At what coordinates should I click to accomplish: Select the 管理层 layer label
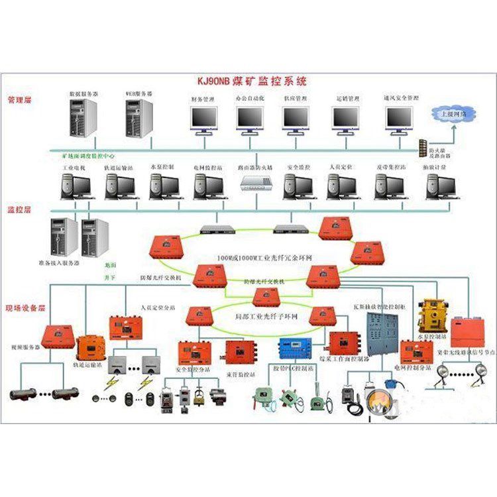coord(20,101)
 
